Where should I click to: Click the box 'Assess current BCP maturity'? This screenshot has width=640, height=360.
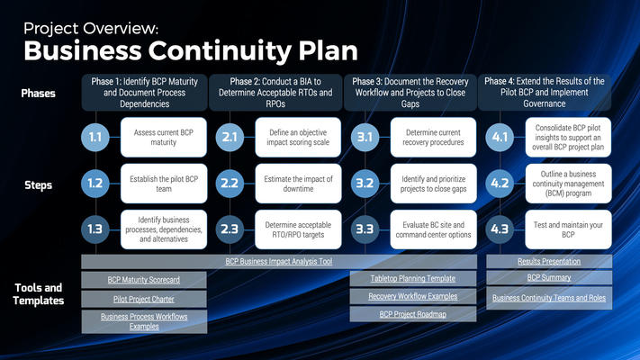point(162,137)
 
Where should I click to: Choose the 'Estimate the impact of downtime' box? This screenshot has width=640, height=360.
point(297,183)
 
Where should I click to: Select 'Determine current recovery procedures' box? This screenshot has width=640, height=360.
point(432,137)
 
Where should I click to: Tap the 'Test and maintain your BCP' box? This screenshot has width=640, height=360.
point(567,229)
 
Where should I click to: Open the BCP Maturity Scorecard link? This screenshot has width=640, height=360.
point(144,280)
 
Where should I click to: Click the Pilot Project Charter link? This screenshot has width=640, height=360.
point(144,299)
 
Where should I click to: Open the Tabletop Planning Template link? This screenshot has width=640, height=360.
point(412,279)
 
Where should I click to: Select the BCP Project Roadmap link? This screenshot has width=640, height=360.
point(412,314)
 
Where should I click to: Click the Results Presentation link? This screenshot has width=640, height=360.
point(548,261)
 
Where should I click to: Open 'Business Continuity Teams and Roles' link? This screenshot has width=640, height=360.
point(548,298)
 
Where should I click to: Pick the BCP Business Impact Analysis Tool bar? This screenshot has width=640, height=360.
point(280,261)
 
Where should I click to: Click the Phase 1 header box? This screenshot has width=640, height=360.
point(144,93)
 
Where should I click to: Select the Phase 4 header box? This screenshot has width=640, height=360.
point(548,93)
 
